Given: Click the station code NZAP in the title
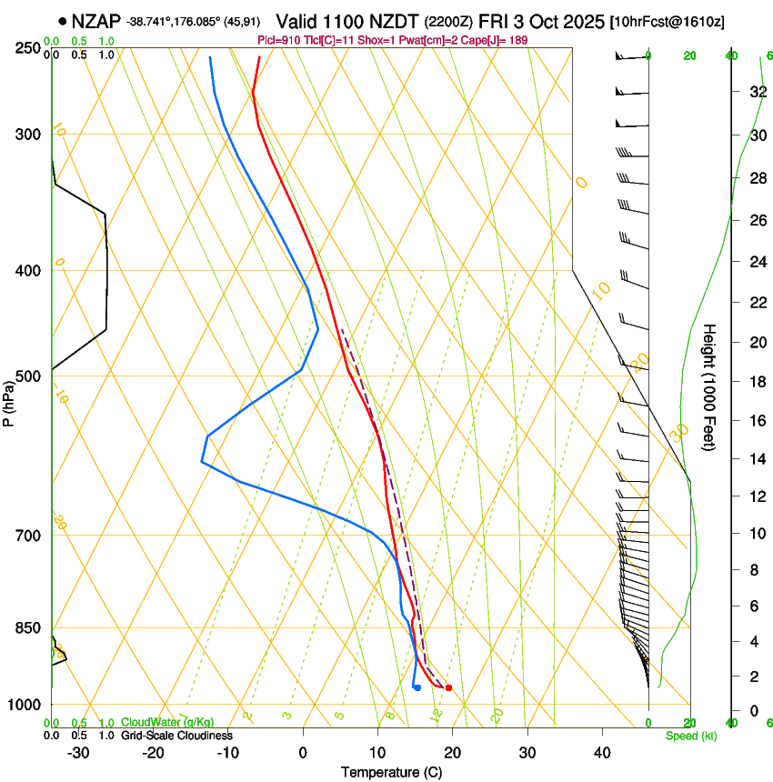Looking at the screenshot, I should pyautogui.click(x=95, y=21).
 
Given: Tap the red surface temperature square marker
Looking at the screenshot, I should pyautogui.click(x=448, y=687).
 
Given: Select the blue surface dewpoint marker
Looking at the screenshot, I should pyautogui.click(x=417, y=687).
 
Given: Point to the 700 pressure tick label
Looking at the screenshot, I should pyautogui.click(x=30, y=536).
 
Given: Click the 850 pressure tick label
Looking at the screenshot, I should pyautogui.click(x=30, y=628).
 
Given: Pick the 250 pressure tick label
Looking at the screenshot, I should pyautogui.click(x=30, y=48).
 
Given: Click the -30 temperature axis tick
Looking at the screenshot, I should pyautogui.click(x=78, y=752).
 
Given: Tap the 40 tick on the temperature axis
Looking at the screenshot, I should pyautogui.click(x=601, y=752).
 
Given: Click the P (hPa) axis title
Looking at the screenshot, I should pyautogui.click(x=10, y=400).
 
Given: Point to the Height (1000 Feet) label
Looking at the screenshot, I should pyautogui.click(x=709, y=386).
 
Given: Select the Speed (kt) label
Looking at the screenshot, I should pyautogui.click(x=690, y=736).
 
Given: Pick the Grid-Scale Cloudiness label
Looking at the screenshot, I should pyautogui.click(x=176, y=735).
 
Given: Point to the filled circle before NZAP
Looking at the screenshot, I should pyautogui.click(x=62, y=21).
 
